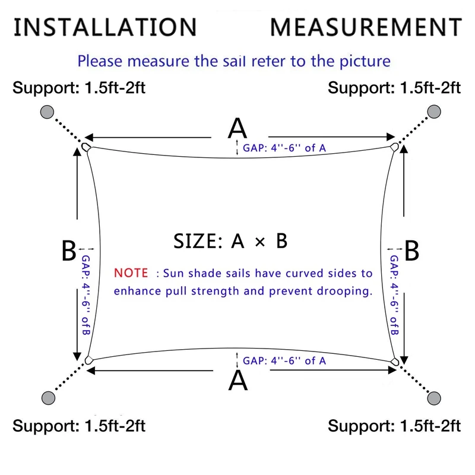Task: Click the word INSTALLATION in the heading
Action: (x=106, y=27)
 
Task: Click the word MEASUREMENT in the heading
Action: (x=366, y=27)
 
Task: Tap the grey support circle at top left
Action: (x=47, y=112)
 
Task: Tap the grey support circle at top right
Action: (x=434, y=112)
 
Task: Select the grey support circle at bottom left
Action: (x=48, y=398)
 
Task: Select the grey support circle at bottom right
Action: (x=434, y=398)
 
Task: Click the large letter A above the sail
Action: (x=237, y=128)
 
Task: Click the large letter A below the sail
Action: (x=238, y=381)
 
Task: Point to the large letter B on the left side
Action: (x=69, y=251)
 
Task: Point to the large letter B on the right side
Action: (x=412, y=251)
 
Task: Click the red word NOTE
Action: (x=131, y=273)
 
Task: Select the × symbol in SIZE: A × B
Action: (x=260, y=242)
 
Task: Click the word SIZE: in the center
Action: (x=198, y=242)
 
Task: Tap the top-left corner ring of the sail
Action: (x=86, y=147)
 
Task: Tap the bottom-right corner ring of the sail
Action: (x=394, y=362)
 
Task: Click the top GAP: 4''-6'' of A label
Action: (x=284, y=148)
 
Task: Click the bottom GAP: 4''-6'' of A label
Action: (x=284, y=361)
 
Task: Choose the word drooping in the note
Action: (x=345, y=292)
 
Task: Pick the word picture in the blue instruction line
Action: (x=365, y=62)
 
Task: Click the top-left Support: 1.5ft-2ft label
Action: (x=79, y=88)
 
